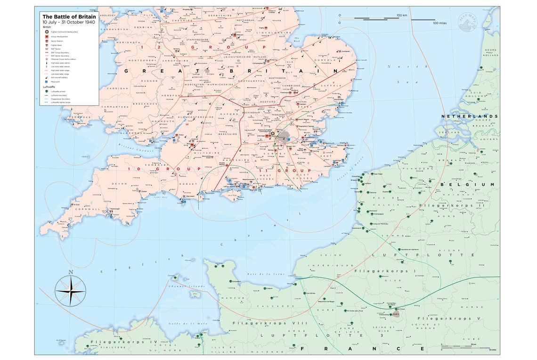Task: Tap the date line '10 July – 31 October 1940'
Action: (x=69, y=23)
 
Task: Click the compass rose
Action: (x=71, y=290)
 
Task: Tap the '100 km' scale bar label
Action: (x=401, y=16)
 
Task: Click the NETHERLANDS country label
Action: (x=469, y=116)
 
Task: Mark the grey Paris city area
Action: (x=396, y=314)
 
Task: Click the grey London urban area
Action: (x=284, y=137)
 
